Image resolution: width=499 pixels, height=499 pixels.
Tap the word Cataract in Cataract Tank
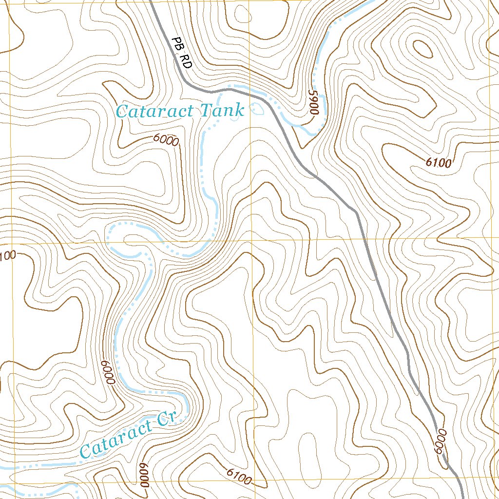click(x=155, y=112)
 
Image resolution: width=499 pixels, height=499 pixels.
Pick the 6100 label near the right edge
click(x=438, y=163)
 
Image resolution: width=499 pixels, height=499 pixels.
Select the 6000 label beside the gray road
click(x=441, y=441)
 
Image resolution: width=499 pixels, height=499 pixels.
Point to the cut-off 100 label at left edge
click(x=8, y=254)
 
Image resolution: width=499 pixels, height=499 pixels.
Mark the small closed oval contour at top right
click(x=422, y=48)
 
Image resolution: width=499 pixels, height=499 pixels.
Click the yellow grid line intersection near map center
click(x=251, y=240)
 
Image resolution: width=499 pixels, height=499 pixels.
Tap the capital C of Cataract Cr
click(x=86, y=451)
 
